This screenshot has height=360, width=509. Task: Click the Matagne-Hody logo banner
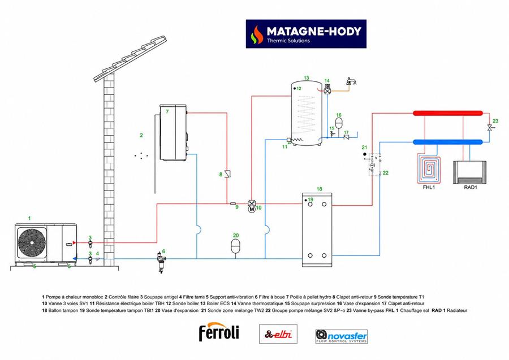(x=306, y=34)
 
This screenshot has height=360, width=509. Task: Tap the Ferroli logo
(x=219, y=332)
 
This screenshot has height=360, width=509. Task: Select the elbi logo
(x=278, y=334)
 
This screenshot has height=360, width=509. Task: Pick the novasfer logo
(x=342, y=336)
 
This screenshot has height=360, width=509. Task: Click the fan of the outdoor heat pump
(x=32, y=242)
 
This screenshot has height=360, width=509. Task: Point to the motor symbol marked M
(x=252, y=210)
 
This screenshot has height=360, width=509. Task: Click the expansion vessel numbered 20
(x=235, y=245)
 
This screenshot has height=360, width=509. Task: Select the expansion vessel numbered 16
(x=339, y=123)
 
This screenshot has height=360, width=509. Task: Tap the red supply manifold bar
(x=448, y=113)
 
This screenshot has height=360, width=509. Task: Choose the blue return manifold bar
(x=448, y=142)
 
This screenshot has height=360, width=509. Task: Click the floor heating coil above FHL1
(x=429, y=170)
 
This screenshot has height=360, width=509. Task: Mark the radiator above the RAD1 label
(x=470, y=172)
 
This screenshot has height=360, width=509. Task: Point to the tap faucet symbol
(x=351, y=81)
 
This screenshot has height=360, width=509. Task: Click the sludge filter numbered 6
(x=161, y=262)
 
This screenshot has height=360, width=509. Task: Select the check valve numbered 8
(x=228, y=174)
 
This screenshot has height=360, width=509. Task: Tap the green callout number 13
(x=307, y=78)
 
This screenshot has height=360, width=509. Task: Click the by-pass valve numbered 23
(x=489, y=128)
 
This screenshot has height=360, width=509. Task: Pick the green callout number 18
(x=319, y=189)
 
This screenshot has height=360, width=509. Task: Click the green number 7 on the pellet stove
(x=167, y=111)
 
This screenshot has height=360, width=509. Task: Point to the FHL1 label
(x=429, y=188)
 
